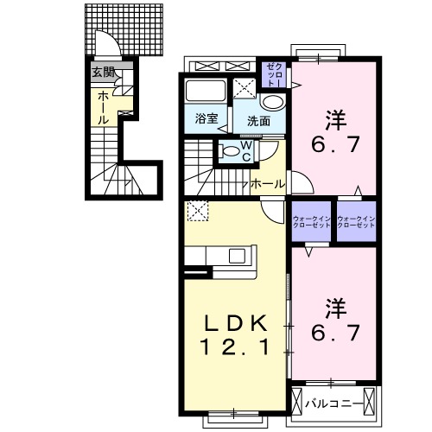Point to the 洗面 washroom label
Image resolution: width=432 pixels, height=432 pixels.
[258, 121]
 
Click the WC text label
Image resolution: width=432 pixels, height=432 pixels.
[245, 151]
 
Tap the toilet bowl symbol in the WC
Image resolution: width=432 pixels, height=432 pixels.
[229, 151]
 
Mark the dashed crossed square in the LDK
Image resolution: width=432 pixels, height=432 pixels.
[197, 210]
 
